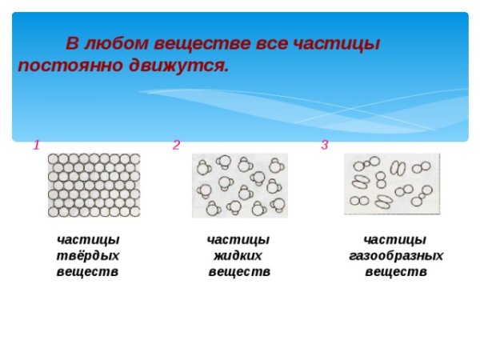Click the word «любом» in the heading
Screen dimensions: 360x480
(x=126, y=43)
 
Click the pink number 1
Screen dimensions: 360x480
(x=36, y=145)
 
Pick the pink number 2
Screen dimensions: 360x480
(x=176, y=145)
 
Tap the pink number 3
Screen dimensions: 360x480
(x=324, y=145)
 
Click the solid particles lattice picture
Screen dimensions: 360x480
(x=94, y=184)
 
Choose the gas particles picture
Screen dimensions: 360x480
(x=392, y=184)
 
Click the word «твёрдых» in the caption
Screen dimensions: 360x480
(x=88, y=256)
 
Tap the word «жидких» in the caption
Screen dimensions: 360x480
(x=238, y=256)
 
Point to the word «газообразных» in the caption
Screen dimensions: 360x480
(x=396, y=256)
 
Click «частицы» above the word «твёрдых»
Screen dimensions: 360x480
(x=88, y=240)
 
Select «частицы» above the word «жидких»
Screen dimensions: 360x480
(x=238, y=240)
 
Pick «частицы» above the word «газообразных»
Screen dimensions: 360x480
(x=395, y=240)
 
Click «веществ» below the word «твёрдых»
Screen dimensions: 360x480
(x=88, y=272)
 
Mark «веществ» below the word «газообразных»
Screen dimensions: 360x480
(x=396, y=272)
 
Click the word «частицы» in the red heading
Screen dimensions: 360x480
(x=335, y=43)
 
